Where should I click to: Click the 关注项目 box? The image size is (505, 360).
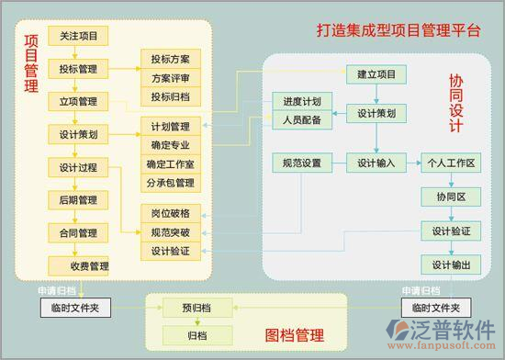click(78, 36)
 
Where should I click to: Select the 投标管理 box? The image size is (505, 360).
click(78, 69)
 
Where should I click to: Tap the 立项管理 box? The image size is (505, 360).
click(78, 101)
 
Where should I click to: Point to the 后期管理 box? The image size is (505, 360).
click(78, 200)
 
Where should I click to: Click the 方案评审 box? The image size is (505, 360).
click(171, 78)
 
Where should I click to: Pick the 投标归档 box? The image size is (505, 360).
click(171, 96)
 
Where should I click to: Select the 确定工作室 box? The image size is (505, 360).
click(171, 164)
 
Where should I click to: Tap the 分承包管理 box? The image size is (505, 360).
click(171, 183)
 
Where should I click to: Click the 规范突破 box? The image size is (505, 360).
click(171, 232)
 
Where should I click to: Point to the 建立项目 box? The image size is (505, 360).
click(376, 73)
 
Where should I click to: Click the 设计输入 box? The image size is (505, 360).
click(376, 163)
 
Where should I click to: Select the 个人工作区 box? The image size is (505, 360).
click(451, 163)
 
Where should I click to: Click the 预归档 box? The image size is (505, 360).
click(197, 309)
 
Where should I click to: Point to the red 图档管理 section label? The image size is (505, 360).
click(295, 334)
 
